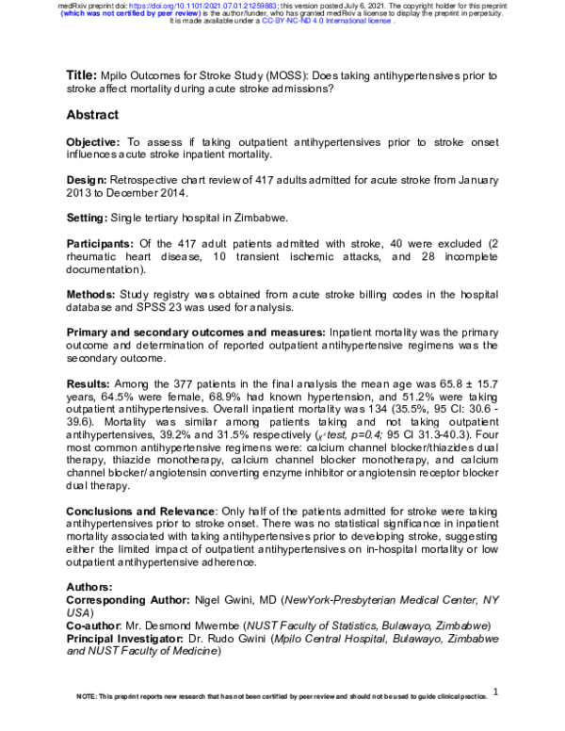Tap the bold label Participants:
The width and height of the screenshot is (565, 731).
pos(103,243)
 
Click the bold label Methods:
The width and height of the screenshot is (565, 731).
pos(91,294)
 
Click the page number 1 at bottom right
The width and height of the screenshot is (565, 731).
pos(495,692)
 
